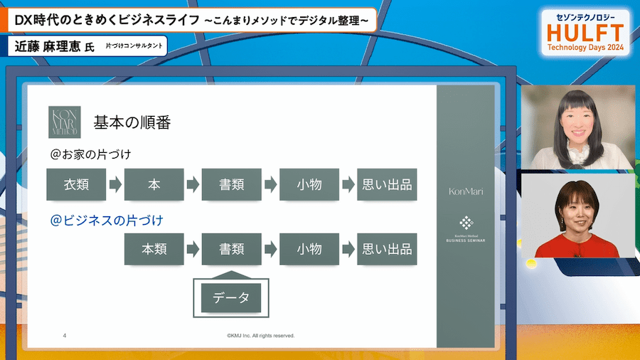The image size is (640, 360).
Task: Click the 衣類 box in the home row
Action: pos(76,184)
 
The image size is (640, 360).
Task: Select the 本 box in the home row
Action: pos(154,184)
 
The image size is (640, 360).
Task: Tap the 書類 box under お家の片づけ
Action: pos(231,184)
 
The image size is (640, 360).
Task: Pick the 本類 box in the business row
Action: pos(154,249)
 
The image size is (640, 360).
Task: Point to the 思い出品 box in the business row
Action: pos(387,249)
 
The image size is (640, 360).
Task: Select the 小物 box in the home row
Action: pos(309,184)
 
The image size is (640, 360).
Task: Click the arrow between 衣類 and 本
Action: pos(115,185)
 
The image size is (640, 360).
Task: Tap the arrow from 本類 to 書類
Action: pos(193,250)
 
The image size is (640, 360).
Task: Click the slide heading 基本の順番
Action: pos(132,122)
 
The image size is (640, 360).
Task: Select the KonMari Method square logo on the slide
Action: pos(64,122)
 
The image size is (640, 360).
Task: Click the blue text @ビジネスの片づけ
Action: pos(107,221)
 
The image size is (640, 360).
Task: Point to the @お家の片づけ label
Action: pos(90,154)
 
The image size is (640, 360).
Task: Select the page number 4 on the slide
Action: pos(65,335)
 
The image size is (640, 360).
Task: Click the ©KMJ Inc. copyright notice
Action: pos(260,335)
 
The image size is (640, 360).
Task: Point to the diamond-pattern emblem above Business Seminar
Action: pos(466,223)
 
